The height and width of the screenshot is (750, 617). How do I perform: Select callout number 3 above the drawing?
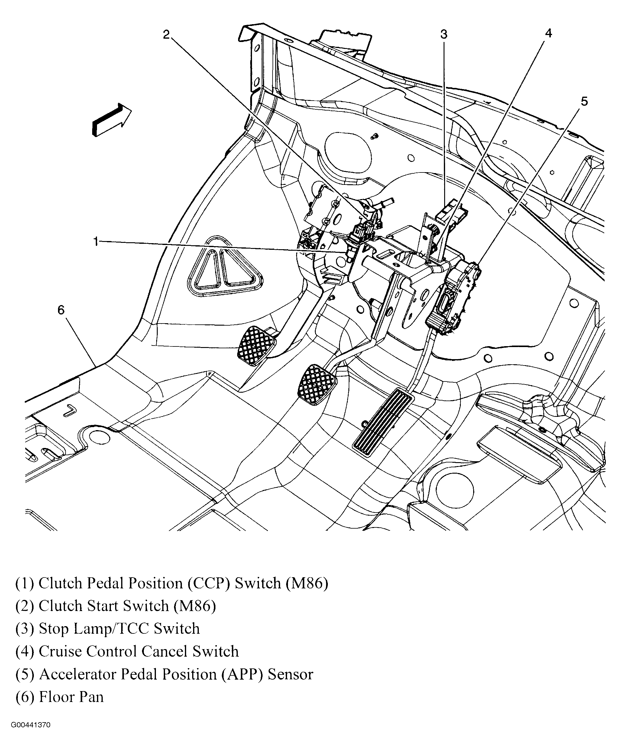444,34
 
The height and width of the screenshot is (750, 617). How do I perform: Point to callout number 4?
548,33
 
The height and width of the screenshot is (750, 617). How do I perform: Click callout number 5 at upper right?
584,101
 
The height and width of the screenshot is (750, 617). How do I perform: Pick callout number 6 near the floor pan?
61,310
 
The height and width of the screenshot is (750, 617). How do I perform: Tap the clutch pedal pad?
257,345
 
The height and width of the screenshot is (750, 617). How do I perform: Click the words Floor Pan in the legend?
71,697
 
